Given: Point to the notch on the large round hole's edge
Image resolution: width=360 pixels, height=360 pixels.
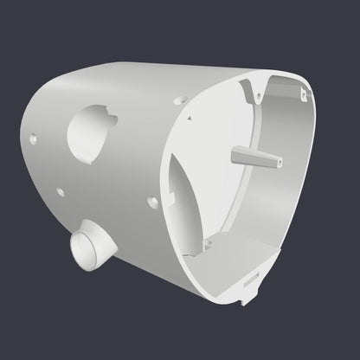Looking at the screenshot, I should pos(111,112).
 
